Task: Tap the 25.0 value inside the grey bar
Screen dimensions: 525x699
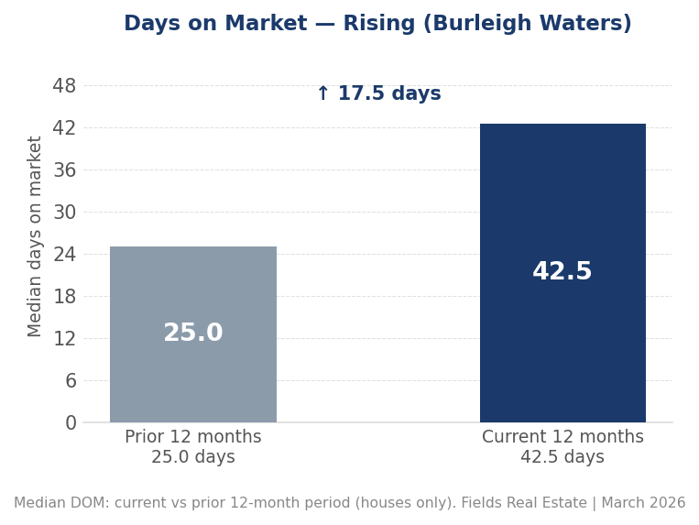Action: click(x=193, y=334)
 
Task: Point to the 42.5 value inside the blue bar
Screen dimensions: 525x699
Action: click(x=562, y=272)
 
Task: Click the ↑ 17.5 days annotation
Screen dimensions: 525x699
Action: click(x=377, y=94)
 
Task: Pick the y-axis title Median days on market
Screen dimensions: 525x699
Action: click(x=36, y=236)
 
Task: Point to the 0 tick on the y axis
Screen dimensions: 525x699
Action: click(x=71, y=423)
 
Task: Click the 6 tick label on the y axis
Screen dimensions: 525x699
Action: click(x=71, y=381)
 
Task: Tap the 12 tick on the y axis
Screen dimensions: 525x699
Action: click(x=64, y=339)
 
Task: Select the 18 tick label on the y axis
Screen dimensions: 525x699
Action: click(x=64, y=297)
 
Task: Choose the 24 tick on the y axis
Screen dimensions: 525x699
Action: click(x=64, y=255)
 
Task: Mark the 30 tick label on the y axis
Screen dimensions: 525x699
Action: click(x=64, y=213)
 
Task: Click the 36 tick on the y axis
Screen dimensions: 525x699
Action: click(x=64, y=170)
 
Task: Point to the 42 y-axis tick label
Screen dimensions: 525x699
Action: click(x=64, y=128)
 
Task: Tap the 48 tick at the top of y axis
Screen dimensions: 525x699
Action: click(x=64, y=86)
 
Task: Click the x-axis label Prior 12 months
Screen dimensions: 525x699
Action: click(x=192, y=438)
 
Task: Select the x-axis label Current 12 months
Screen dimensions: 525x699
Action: click(x=562, y=438)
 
